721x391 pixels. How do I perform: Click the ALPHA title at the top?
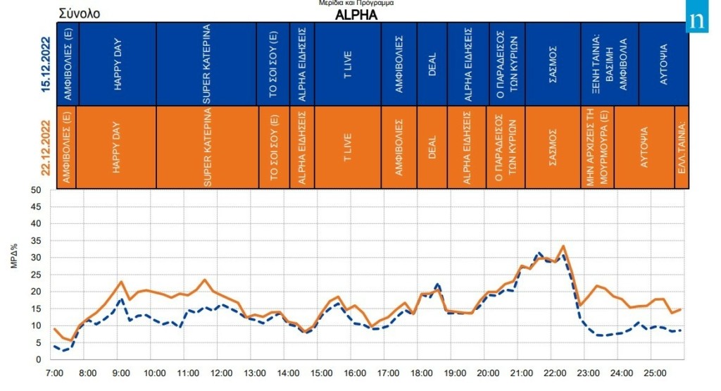click(356, 15)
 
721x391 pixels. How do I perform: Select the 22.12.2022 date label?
click(46, 147)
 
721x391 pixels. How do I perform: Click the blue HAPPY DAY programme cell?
click(118, 64)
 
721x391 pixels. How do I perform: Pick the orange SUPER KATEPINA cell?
click(207, 147)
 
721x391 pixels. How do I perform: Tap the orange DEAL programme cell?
click(432, 147)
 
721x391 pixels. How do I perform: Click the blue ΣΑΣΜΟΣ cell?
click(553, 64)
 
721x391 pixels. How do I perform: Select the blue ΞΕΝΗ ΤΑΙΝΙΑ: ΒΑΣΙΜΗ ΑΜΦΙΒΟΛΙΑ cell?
click(610, 64)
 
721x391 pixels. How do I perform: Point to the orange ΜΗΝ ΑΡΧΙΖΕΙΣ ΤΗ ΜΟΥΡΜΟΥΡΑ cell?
click(597, 147)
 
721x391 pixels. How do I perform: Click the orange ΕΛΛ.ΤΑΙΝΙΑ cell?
click(682, 147)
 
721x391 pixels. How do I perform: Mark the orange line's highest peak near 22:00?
click(563, 246)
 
